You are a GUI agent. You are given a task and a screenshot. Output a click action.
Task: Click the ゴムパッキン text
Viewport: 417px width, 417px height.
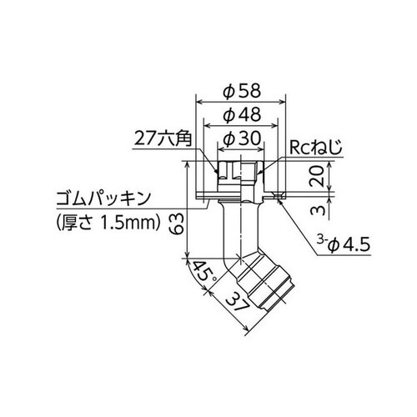pos(100,199)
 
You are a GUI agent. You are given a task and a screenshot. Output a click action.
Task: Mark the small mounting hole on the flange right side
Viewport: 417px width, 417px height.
pos(276,197)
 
